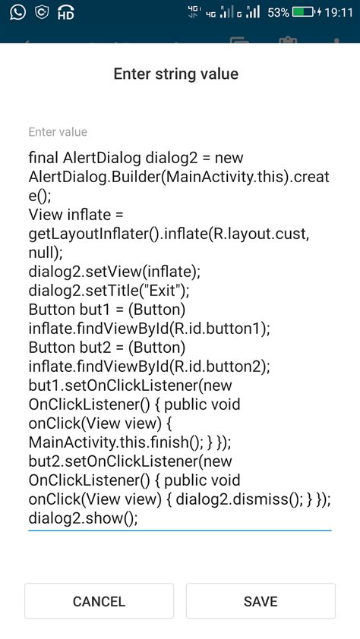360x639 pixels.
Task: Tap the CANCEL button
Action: coord(99,601)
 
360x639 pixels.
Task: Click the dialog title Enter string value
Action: coord(175,74)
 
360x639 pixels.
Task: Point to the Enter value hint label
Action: coord(58,132)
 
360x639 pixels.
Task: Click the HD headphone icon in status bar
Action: coord(66,13)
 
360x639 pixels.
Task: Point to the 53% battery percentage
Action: coord(279,13)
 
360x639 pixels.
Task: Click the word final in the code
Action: coord(43,158)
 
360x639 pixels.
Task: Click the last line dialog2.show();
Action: coord(83,518)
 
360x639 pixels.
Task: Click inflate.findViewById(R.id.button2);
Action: coord(149,367)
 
